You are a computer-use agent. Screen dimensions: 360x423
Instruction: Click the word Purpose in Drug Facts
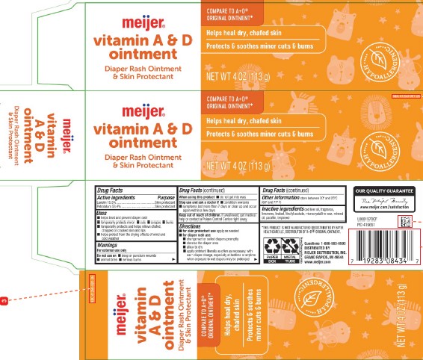point(164,196)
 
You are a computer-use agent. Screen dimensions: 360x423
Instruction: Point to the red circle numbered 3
point(4,301)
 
